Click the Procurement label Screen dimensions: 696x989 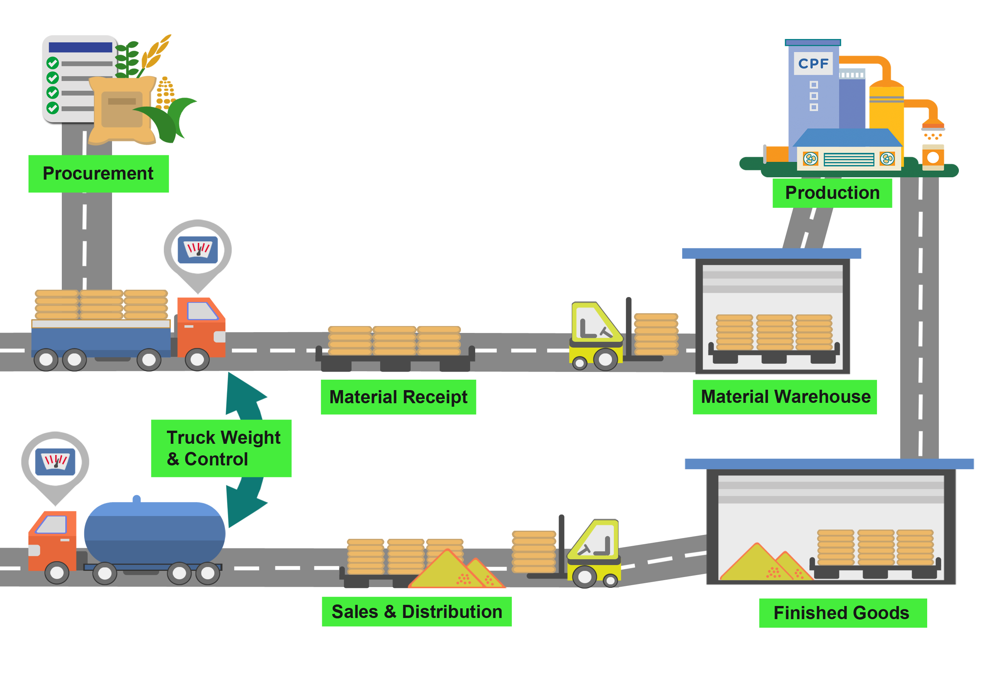click(x=98, y=173)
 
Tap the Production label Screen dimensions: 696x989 click(x=832, y=193)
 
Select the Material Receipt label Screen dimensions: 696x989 click(x=398, y=397)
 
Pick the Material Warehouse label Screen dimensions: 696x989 click(x=785, y=397)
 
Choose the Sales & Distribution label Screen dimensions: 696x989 click(x=416, y=611)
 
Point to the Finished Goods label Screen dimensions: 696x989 click(x=842, y=613)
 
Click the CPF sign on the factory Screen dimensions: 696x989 click(x=813, y=64)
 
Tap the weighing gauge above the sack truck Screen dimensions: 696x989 click(x=198, y=250)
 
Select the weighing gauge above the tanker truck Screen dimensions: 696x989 click(x=55, y=462)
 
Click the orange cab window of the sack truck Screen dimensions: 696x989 click(x=202, y=311)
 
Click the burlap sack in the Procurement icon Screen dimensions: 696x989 click(x=122, y=110)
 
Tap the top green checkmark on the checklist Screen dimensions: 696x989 click(x=53, y=63)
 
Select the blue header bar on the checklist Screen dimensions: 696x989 click(x=81, y=48)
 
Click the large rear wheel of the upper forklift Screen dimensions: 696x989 click(x=605, y=358)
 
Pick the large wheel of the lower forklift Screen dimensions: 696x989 click(x=584, y=577)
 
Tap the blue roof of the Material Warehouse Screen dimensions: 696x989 click(x=771, y=253)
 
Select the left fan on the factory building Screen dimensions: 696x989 click(x=810, y=158)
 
